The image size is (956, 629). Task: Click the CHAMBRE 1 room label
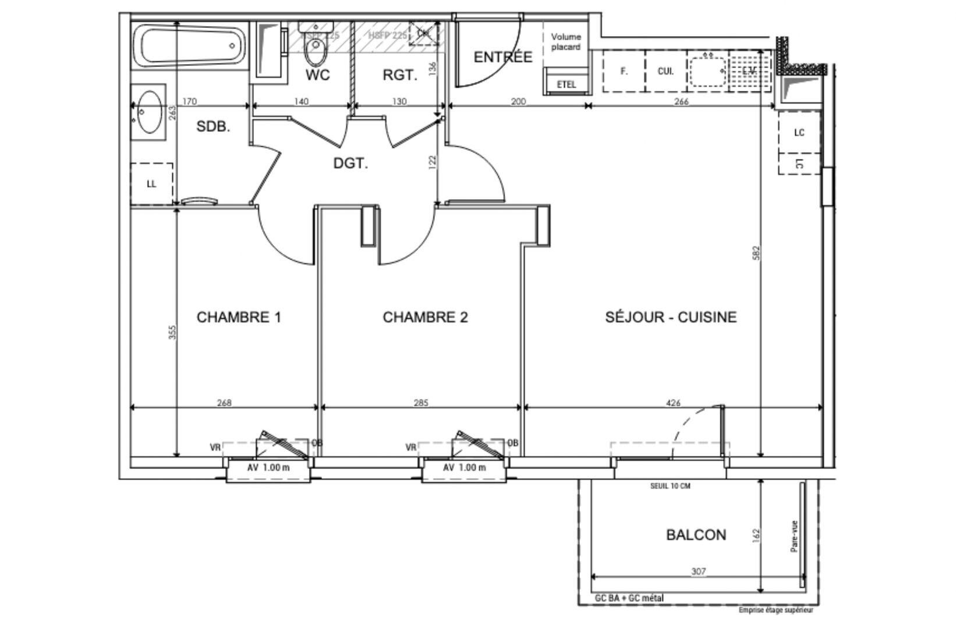point(239,317)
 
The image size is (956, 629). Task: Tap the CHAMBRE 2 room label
point(425,317)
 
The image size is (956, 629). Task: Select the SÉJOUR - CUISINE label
point(671,317)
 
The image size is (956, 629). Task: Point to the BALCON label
point(696,535)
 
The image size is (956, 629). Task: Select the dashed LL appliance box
point(151,183)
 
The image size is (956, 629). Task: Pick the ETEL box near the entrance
point(566,84)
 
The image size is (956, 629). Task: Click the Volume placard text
point(566,41)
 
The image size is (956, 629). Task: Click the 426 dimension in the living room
point(673,402)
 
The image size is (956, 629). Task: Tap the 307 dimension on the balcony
point(698,571)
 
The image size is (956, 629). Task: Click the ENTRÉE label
point(502,57)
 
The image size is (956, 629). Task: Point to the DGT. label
point(350,164)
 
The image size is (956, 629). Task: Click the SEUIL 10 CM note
point(670,486)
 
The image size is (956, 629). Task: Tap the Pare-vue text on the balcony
point(794,536)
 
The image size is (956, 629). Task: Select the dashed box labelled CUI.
point(665,71)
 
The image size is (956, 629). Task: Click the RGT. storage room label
point(400,75)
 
